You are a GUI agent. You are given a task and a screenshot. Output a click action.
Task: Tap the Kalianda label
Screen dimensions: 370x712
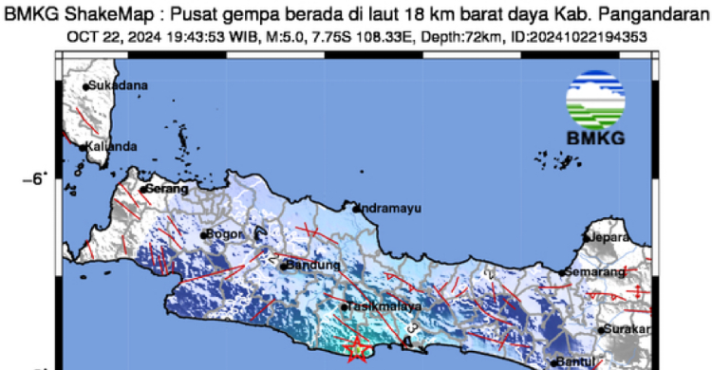112,147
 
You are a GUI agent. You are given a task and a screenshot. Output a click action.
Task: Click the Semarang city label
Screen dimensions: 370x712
595,272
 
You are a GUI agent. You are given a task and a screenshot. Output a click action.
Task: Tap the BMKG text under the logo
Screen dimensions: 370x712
595,139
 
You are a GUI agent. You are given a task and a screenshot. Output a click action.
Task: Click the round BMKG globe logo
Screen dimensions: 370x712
595,99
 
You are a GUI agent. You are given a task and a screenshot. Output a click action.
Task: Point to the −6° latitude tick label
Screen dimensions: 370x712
34,177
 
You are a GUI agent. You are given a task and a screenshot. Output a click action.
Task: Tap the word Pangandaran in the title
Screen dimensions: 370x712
658,12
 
